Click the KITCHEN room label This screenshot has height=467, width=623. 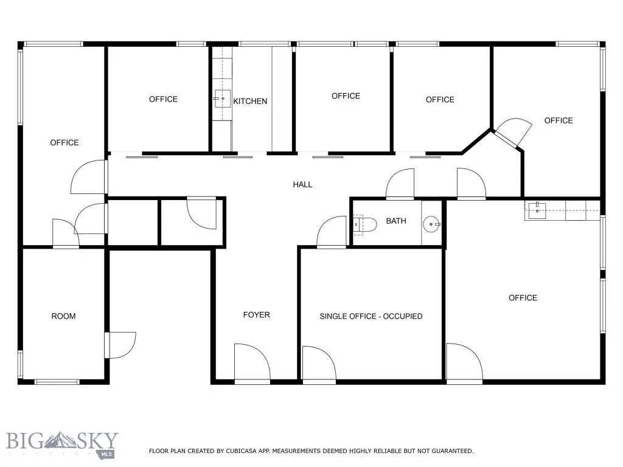[x=250, y=101]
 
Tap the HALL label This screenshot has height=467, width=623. [x=302, y=184]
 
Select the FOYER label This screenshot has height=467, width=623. [x=256, y=314]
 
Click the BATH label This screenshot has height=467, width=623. [x=395, y=221]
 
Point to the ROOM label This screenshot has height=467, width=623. [x=63, y=316]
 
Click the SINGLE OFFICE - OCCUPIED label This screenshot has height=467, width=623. [x=371, y=316]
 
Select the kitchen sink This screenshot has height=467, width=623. [x=221, y=98]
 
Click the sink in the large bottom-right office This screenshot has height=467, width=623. [x=537, y=210]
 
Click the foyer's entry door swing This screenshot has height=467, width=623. [x=252, y=364]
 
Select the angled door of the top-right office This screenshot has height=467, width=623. [x=508, y=131]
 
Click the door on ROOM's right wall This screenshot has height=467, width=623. [x=120, y=345]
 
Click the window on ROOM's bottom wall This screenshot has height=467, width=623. [x=57, y=382]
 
